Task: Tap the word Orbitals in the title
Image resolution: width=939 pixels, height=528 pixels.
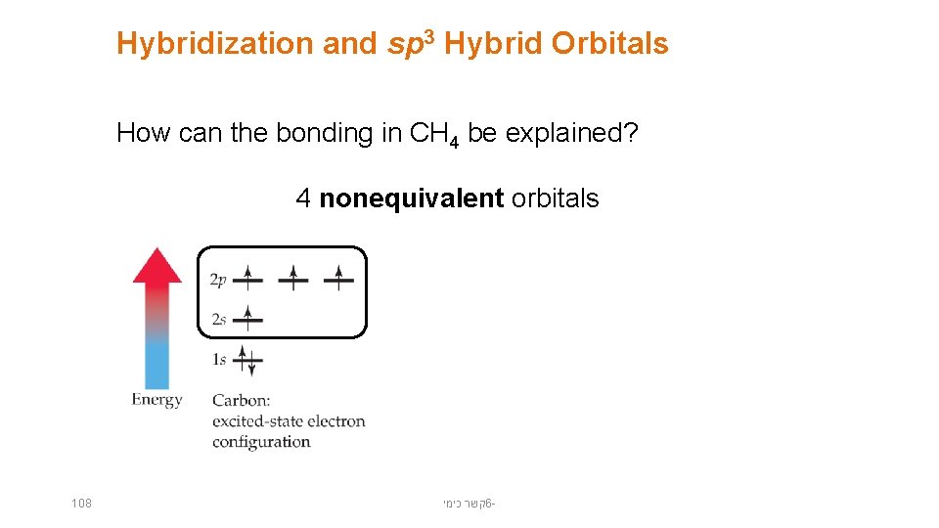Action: pos(609,44)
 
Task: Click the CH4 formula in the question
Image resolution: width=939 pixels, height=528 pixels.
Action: pos(434,134)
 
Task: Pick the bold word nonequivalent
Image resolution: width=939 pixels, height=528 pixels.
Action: pos(412,198)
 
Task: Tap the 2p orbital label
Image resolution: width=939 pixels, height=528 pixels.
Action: pos(218,281)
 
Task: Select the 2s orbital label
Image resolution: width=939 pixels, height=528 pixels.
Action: pos(218,320)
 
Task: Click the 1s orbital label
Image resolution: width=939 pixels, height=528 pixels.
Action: pos(218,360)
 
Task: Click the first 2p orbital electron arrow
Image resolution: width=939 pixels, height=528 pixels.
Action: pos(248,279)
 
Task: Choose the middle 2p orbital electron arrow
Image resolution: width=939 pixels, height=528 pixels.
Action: pos(293,279)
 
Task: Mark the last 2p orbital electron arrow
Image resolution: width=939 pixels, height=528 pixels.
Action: pos(338,279)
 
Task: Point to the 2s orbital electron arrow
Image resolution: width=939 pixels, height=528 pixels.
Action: pos(248,318)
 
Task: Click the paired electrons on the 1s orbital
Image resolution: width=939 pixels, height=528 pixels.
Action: pos(248,361)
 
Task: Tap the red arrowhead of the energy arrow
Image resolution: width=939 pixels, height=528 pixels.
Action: pos(156,266)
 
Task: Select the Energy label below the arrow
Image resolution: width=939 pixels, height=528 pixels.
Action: pos(156,399)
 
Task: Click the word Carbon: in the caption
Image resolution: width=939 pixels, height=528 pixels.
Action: pos(241,400)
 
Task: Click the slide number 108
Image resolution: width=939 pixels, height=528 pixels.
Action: pos(81,504)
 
